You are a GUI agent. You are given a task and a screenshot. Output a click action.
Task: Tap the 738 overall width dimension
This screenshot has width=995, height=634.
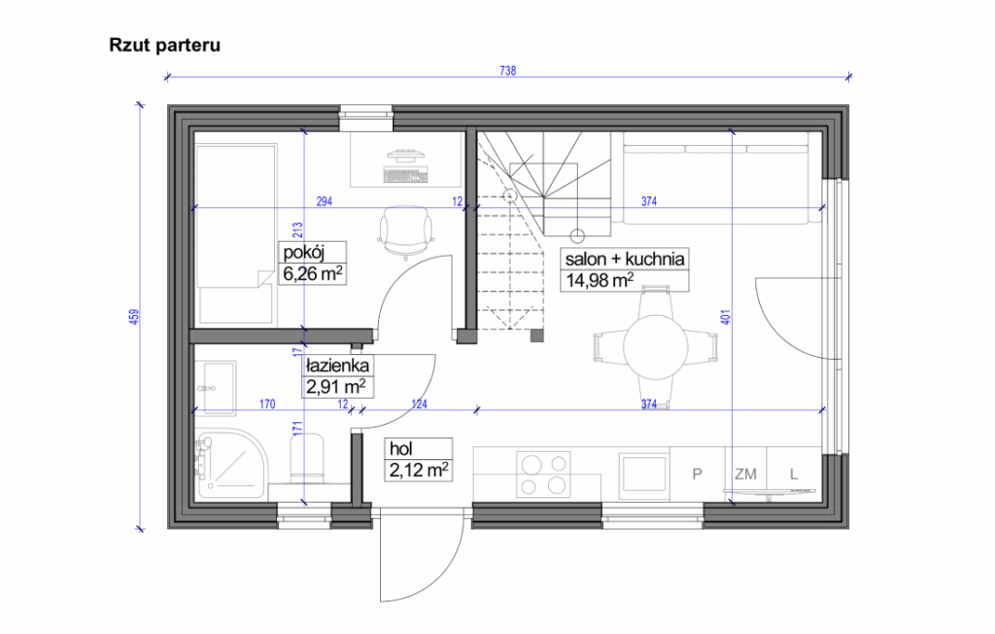click(506, 70)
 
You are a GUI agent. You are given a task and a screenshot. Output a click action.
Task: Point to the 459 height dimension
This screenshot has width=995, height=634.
click(134, 318)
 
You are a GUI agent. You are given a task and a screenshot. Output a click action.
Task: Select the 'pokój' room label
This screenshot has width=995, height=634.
click(302, 254)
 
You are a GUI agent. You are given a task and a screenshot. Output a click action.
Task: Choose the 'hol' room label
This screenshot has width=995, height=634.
click(399, 449)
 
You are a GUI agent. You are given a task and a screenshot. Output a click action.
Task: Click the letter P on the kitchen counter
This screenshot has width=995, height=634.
click(697, 475)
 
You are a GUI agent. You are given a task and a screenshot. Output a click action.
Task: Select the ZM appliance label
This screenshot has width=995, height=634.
click(745, 475)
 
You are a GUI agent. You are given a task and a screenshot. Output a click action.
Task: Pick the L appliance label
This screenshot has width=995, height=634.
click(794, 475)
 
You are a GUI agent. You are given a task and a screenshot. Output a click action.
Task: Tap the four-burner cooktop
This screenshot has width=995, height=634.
click(543, 475)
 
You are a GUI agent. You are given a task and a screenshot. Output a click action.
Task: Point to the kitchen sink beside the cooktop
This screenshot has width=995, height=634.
click(641, 475)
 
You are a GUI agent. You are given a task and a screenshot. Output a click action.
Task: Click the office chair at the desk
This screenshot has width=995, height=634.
click(405, 230)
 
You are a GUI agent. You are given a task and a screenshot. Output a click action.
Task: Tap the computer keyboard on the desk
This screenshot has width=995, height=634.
click(406, 176)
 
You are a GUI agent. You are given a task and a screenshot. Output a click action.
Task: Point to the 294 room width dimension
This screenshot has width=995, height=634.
click(325, 201)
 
